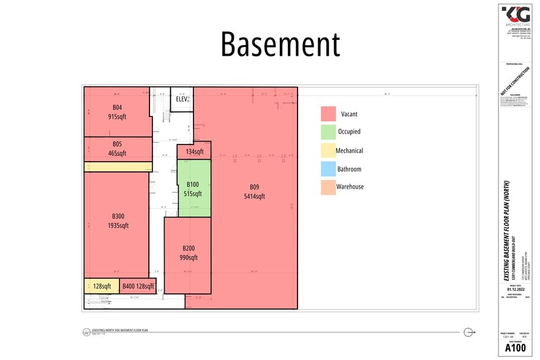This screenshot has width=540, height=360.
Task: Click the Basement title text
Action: click(280, 45)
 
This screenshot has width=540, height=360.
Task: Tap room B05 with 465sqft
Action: click(117, 149)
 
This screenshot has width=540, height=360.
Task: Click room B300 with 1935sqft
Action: click(117, 220)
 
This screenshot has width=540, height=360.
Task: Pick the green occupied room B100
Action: click(194, 189)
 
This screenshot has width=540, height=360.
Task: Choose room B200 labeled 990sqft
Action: click(188, 253)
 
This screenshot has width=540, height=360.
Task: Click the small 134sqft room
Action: click(194, 152)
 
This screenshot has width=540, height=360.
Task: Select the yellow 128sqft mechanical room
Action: click(102, 286)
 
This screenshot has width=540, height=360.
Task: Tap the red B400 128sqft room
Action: click(138, 286)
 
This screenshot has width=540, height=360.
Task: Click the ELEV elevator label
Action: click(182, 99)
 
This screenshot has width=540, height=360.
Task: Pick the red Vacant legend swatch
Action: click(328, 114)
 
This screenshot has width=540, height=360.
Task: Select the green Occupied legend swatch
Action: click(328, 132)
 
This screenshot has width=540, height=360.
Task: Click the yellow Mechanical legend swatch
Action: click(328, 151)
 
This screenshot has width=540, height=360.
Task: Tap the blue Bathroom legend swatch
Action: click(328, 169)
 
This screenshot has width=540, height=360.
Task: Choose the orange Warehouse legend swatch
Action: click(328, 187)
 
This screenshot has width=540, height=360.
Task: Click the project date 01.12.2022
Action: click(514, 290)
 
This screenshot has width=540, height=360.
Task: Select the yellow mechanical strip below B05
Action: click(118, 167)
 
